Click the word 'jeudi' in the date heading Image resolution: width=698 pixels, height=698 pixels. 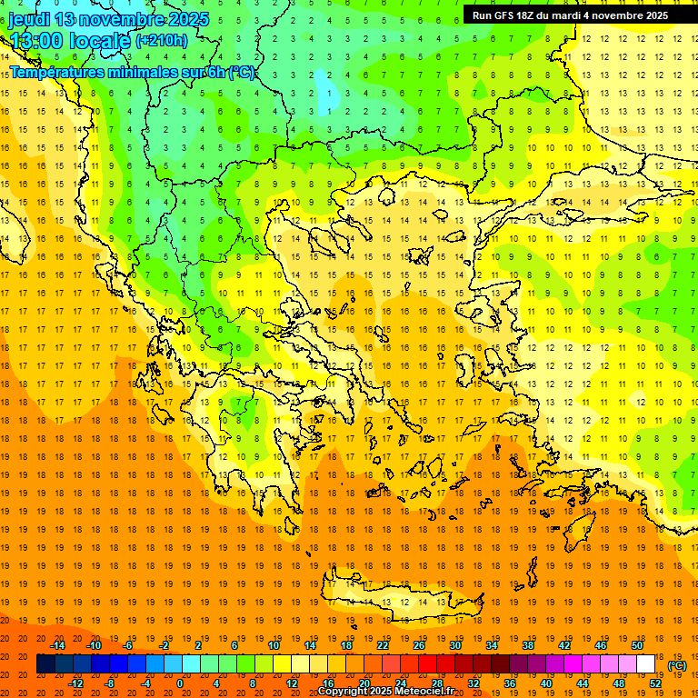30,19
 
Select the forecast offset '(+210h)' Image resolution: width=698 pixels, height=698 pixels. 162,40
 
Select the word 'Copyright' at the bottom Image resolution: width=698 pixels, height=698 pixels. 344,692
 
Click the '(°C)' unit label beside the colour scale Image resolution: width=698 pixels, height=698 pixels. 677,666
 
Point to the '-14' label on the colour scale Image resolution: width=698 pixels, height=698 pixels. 57,645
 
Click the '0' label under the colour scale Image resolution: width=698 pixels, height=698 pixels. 181,683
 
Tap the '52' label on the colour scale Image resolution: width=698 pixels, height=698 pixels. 655,683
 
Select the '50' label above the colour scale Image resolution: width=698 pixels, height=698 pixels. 637,645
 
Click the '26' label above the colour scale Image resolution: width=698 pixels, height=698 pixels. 419,645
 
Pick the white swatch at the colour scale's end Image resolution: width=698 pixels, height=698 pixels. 645,664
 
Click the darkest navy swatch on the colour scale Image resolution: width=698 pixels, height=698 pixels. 45,664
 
